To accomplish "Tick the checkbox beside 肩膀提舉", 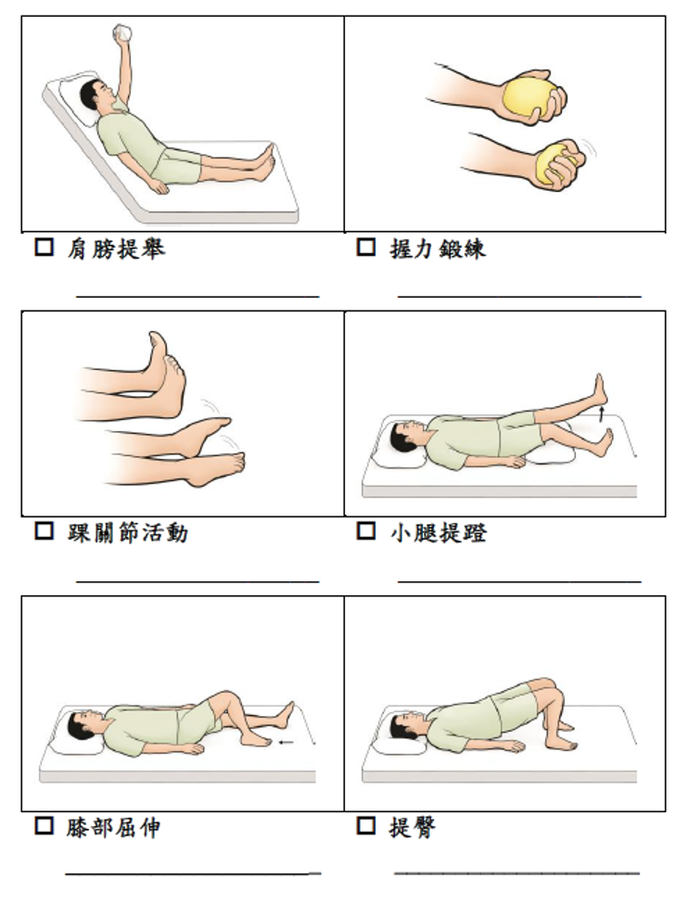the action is [x=45, y=247].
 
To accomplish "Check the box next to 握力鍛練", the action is [x=366, y=247].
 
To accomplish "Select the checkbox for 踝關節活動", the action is [x=45, y=530].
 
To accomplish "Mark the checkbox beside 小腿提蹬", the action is [x=366, y=530].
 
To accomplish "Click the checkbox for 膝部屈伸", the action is [x=45, y=825].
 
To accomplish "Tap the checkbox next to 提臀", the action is [x=366, y=825].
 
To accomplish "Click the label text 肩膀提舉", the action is [x=116, y=249].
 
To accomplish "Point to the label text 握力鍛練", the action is [x=438, y=249].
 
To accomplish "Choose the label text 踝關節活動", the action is [x=128, y=532].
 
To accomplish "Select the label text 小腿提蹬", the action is [x=438, y=532].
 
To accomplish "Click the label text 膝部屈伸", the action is [x=114, y=828].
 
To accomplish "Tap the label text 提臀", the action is [x=413, y=828].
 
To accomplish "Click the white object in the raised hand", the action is [x=123, y=32].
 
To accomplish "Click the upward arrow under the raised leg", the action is [x=602, y=413].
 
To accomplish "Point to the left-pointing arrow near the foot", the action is [x=287, y=742].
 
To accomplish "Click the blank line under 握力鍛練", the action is [x=519, y=297].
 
